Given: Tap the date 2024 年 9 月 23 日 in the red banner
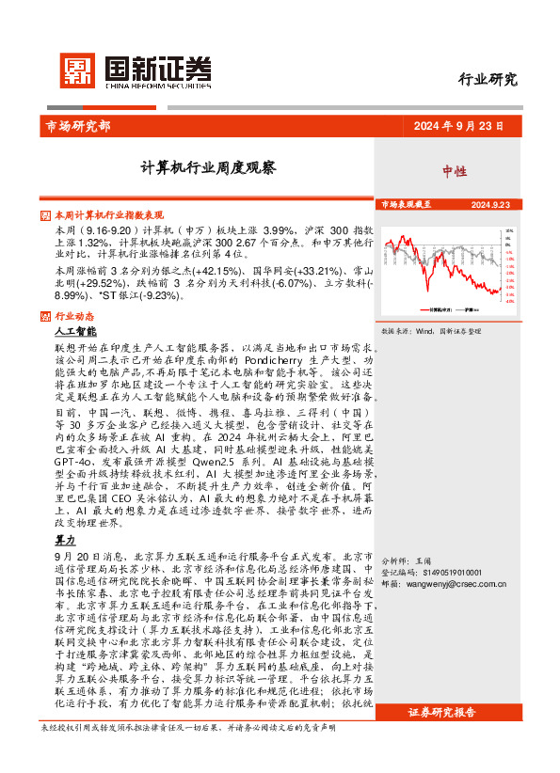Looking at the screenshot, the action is (x=457, y=126).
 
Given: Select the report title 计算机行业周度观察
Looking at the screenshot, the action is (x=208, y=168).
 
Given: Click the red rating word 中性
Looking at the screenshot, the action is (x=455, y=171).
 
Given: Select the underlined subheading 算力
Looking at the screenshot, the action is (x=65, y=541).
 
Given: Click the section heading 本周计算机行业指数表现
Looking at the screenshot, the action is (x=109, y=214).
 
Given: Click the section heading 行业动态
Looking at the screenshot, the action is (x=74, y=316).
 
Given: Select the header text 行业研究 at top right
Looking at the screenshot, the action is (x=487, y=80).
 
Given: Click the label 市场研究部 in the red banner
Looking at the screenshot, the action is (x=77, y=126).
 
